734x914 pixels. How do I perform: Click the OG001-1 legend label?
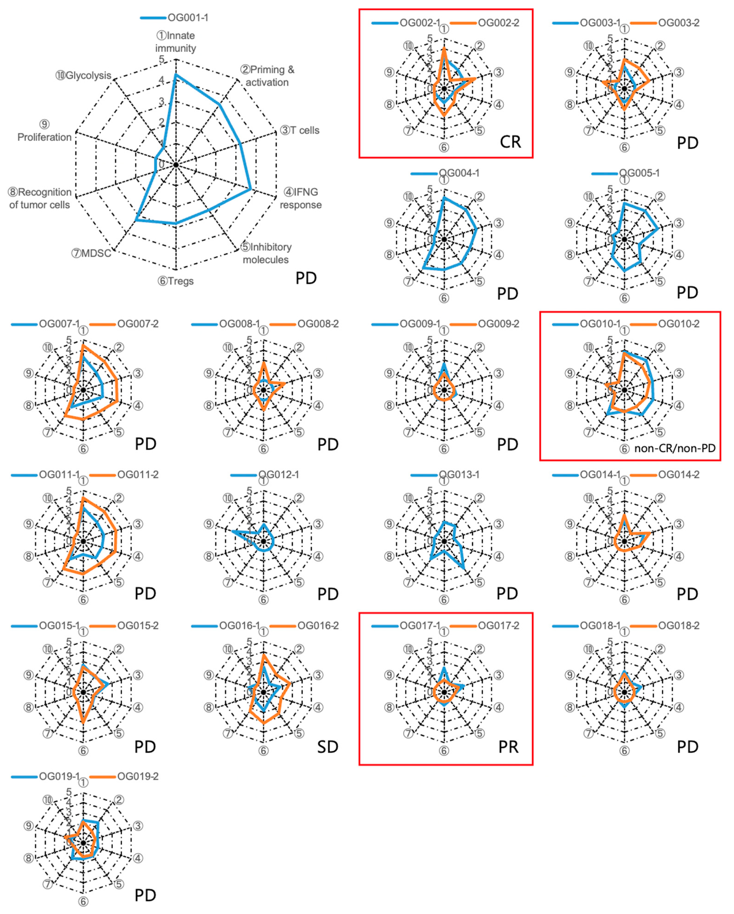[187, 18]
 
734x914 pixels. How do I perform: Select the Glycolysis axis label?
[84, 75]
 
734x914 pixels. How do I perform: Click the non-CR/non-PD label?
[675, 448]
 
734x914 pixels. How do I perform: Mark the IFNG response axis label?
[300, 198]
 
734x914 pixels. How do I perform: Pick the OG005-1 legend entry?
[639, 173]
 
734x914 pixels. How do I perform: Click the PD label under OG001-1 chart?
[306, 278]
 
